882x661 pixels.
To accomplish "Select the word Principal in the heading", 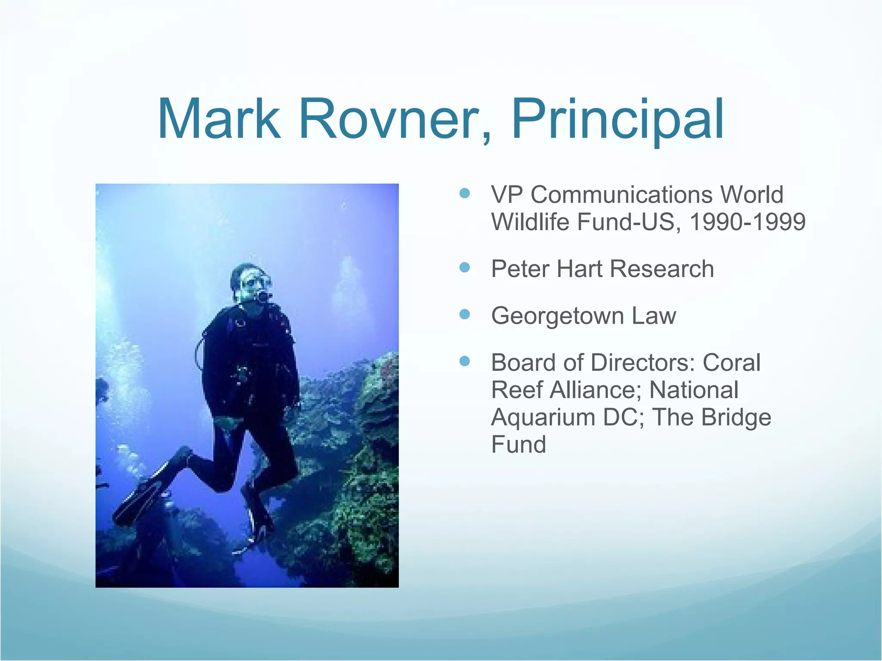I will pyautogui.click(x=618, y=119).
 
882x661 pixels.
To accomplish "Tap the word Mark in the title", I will pyautogui.click(x=219, y=119).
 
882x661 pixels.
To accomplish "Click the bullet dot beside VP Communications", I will pyautogui.click(x=465, y=193).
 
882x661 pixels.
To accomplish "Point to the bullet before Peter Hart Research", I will pyautogui.click(x=465, y=268).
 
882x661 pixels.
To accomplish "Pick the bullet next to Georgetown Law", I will pyautogui.click(x=465, y=315).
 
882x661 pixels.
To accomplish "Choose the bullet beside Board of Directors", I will pyautogui.click(x=465, y=361).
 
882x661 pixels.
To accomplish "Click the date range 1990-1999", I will pyautogui.click(x=747, y=222).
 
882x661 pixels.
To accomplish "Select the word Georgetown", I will pyautogui.click(x=558, y=316).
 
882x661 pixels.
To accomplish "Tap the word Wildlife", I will pyautogui.click(x=531, y=222).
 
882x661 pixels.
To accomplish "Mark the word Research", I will pyautogui.click(x=662, y=269).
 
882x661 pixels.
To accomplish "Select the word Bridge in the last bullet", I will pyautogui.click(x=736, y=417).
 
